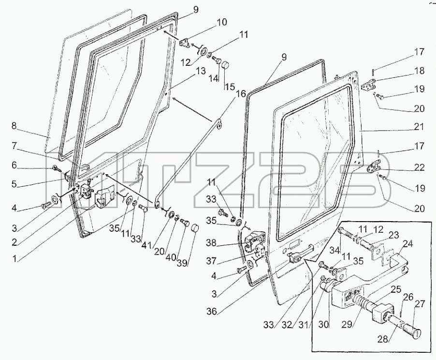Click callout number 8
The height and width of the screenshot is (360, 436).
(14, 126)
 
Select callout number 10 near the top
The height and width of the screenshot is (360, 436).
(221, 22)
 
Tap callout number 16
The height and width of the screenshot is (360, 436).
(241, 93)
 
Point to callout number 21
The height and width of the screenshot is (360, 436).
(419, 127)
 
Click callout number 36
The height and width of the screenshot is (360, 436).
(211, 311)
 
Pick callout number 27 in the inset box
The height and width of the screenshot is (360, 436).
(420, 303)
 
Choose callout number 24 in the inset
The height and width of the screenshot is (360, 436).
(407, 244)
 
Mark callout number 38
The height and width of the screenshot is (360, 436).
(211, 243)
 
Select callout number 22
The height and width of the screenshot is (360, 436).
(419, 167)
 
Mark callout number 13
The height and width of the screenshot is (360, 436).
(201, 71)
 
